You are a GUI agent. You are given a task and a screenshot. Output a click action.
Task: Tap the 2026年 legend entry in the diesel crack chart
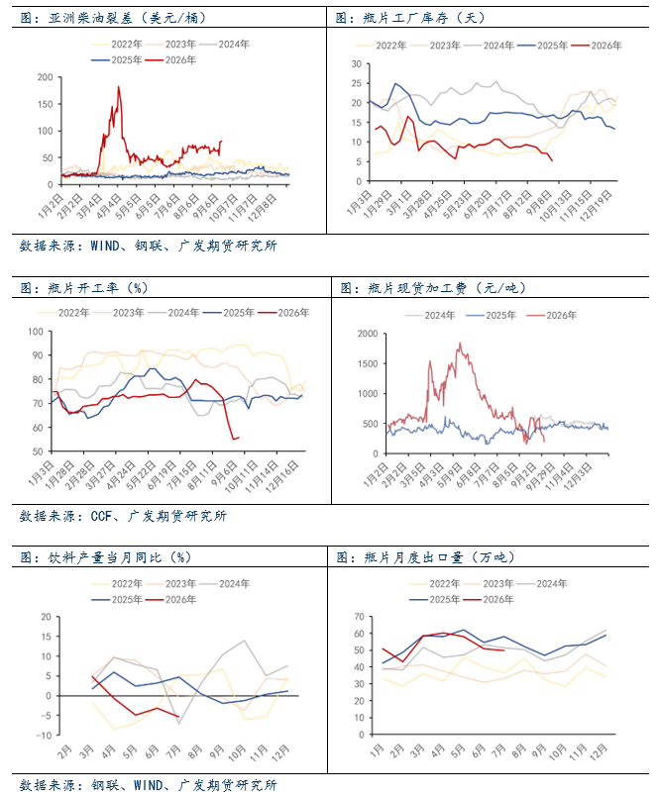[171, 60]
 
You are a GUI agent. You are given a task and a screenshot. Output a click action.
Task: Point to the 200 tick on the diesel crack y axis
[45, 77]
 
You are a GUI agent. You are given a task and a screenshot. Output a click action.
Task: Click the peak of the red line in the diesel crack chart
[119, 86]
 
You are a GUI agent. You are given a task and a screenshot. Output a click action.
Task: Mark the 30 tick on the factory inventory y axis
[357, 64]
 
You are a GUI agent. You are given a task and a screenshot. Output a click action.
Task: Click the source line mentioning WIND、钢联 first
[149, 246]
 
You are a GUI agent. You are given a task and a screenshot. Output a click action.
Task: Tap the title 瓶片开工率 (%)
[83, 288]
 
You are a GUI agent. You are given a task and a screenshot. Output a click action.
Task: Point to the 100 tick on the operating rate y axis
[36, 332]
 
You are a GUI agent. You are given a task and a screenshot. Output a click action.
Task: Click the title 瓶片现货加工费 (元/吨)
[432, 288]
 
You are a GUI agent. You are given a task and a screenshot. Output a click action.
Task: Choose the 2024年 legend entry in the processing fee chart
[430, 316]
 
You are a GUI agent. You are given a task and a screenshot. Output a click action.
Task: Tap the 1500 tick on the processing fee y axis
[368, 364]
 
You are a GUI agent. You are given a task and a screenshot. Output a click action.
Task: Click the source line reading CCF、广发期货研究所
[123, 516]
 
